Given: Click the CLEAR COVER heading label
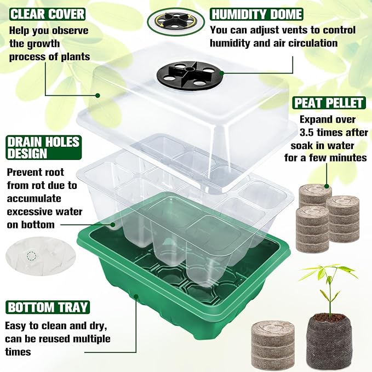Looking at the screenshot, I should click(x=48, y=13).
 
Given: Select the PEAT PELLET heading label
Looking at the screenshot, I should click(x=329, y=102).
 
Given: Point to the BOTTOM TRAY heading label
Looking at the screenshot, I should click(x=47, y=306).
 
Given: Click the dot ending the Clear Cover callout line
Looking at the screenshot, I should click(x=98, y=95).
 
